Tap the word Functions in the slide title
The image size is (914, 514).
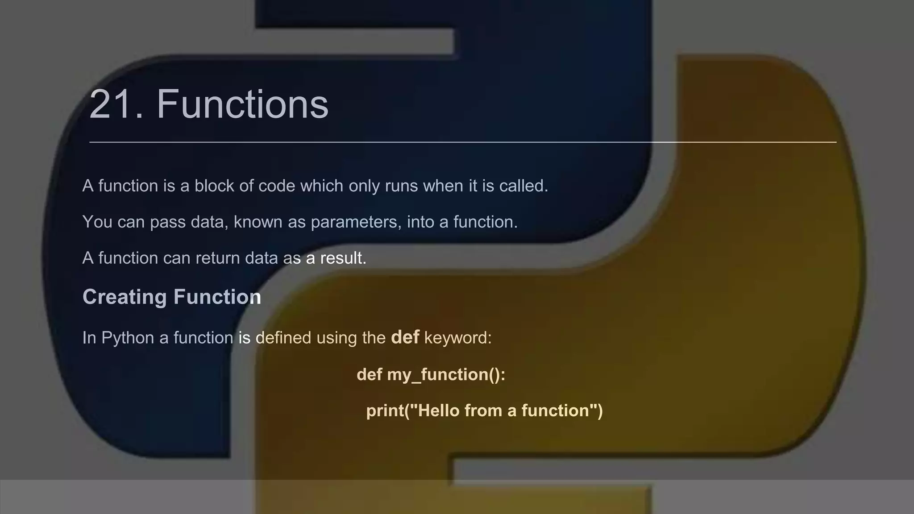pyautogui.click(x=242, y=104)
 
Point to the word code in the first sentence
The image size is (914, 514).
pyautogui.click(x=277, y=186)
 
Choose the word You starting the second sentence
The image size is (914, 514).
pyautogui.click(x=97, y=222)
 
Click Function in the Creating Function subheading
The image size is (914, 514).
pyautogui.click(x=217, y=297)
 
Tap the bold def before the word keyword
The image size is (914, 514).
pyautogui.click(x=405, y=337)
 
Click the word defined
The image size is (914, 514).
pyautogui.click(x=283, y=338)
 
